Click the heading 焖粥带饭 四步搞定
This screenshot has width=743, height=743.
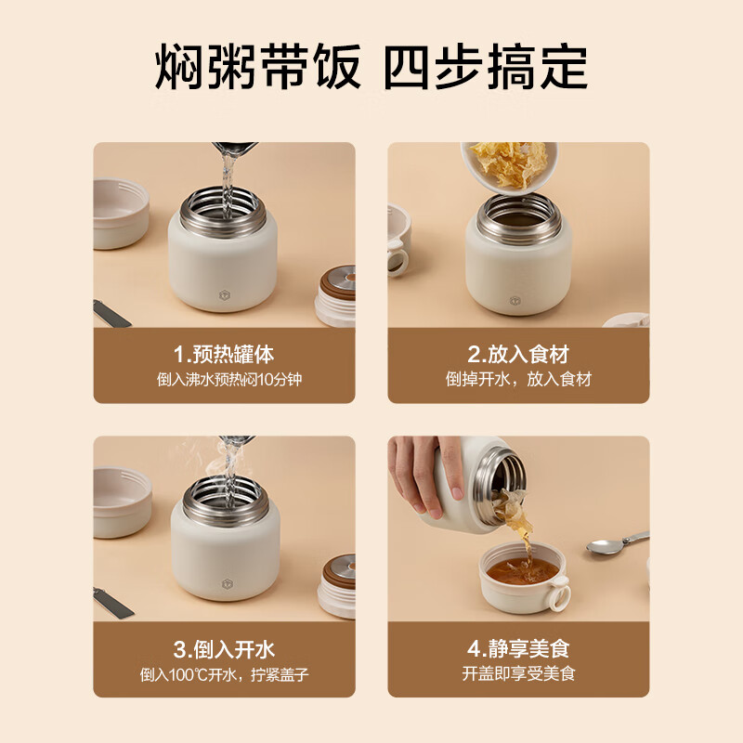tap(371, 66)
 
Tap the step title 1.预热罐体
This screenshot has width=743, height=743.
tap(224, 354)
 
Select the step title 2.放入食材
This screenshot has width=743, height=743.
tap(517, 354)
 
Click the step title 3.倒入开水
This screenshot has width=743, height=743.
tap(224, 648)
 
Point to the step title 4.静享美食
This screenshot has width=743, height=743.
tap(517, 648)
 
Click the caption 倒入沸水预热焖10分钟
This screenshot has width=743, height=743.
tap(224, 379)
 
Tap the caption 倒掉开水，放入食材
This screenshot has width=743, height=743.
tap(517, 379)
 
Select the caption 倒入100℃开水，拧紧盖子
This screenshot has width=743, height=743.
tap(224, 674)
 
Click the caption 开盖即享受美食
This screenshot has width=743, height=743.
tap(517, 674)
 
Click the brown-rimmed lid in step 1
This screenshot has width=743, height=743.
tap(335, 295)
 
